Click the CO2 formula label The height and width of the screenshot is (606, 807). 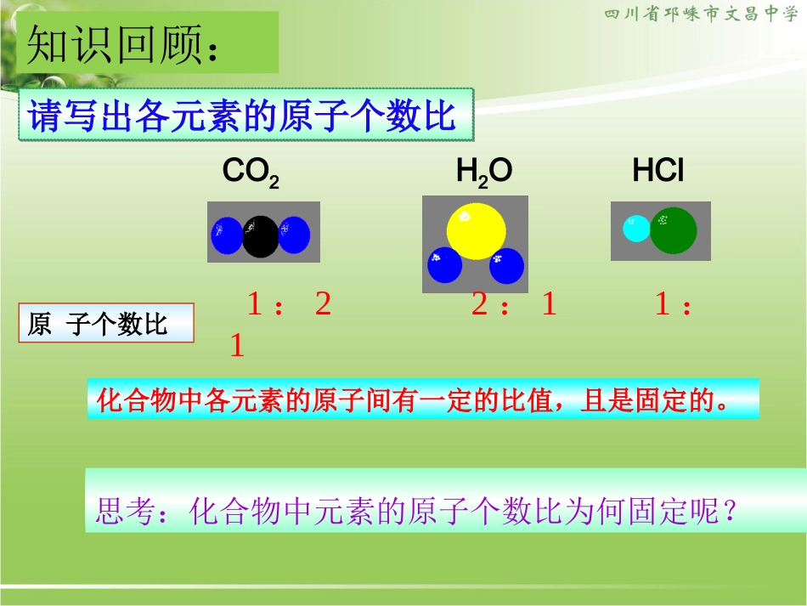pos(251,173)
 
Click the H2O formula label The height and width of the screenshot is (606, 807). pos(484,173)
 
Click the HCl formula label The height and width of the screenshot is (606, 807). pos(658,172)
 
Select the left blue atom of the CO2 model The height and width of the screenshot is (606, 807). pos(227,235)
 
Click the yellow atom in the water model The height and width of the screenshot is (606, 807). pos(477,231)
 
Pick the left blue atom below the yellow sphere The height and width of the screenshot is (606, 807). pos(444,265)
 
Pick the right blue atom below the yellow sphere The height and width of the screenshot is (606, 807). pos(507,266)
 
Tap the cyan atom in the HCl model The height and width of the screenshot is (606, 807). pos(636,229)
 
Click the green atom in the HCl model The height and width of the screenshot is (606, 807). pos(674,230)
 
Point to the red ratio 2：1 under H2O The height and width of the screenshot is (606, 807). pos(513,305)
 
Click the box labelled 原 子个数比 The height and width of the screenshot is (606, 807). pos(106,325)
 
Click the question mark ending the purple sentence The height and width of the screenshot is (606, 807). pos(727,512)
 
